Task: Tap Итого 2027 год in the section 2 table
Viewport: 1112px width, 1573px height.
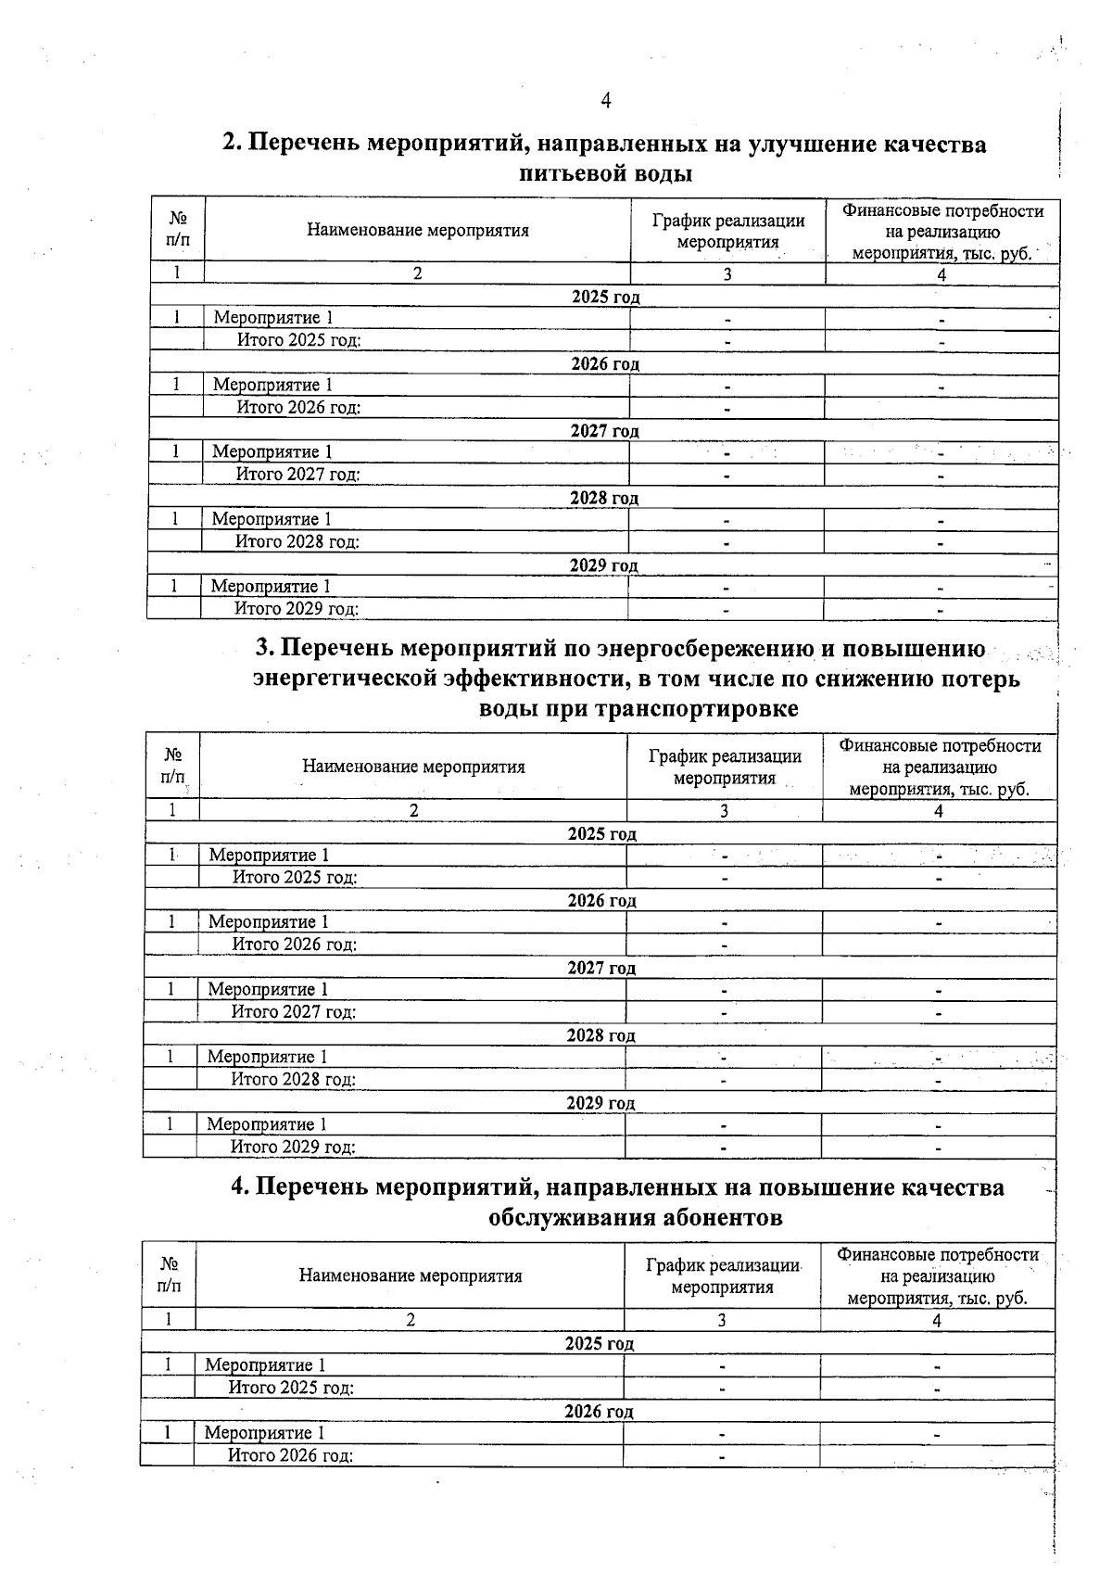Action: [297, 475]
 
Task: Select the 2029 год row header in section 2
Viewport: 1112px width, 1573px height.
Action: [603, 565]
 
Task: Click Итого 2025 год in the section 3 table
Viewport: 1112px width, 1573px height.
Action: [295, 877]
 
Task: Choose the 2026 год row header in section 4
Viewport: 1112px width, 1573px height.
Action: [599, 1412]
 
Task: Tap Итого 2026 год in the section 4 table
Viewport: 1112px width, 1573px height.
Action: [291, 1455]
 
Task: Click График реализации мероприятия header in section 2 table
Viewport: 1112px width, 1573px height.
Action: [727, 231]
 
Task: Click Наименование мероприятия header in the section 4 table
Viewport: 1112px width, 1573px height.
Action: [410, 1276]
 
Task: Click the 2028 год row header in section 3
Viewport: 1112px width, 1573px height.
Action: [600, 1035]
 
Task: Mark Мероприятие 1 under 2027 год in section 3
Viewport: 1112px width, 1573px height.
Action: [268, 989]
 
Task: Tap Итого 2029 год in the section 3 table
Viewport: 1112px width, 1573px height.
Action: [293, 1147]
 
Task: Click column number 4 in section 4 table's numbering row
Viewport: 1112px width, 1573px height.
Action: [936, 1321]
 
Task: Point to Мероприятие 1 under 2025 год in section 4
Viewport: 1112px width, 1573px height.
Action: [265, 1364]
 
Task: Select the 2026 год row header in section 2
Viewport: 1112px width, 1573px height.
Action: [604, 364]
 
